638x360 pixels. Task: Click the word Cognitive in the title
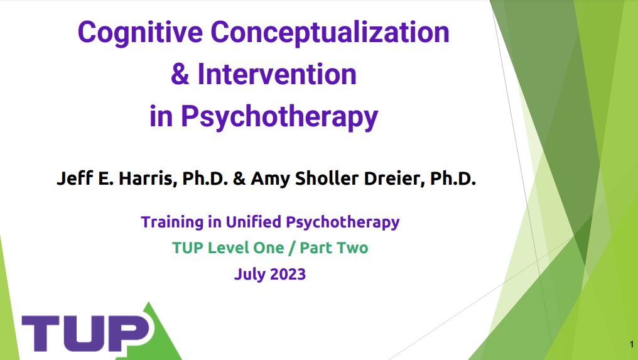coord(140,33)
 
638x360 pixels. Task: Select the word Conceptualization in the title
coord(330,33)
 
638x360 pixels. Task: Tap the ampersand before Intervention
coord(180,74)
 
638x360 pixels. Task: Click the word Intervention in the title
coord(277,74)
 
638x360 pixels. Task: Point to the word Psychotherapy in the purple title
coord(279,117)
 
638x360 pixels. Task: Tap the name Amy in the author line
coord(270,179)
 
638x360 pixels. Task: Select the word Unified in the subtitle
coord(254,222)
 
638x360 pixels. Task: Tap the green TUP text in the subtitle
coord(188,248)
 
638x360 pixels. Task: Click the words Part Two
coord(334,248)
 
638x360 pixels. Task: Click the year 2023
coord(288,274)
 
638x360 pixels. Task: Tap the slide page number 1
coord(632,344)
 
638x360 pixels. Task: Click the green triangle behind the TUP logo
coord(163,338)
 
